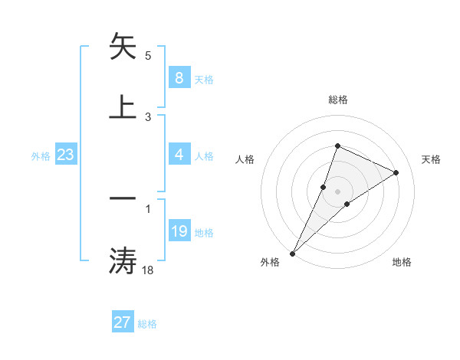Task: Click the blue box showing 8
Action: pyautogui.click(x=179, y=77)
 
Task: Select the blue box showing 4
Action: pyautogui.click(x=179, y=155)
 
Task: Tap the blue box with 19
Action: pyautogui.click(x=179, y=231)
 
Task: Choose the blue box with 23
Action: pyautogui.click(x=66, y=155)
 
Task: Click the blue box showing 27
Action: pyautogui.click(x=123, y=322)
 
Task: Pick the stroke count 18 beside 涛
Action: pyautogui.click(x=149, y=270)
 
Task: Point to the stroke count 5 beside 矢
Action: pyautogui.click(x=148, y=56)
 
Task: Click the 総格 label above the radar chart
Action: pyautogui.click(x=337, y=100)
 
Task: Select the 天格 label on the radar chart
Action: pyautogui.click(x=432, y=159)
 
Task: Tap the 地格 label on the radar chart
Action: pyautogui.click(x=402, y=262)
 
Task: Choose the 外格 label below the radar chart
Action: pyautogui.click(x=270, y=262)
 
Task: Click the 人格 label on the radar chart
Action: pyautogui.click(x=245, y=159)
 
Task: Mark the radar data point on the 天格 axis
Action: pyautogui.click(x=396, y=172)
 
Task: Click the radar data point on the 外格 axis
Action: pyautogui.click(x=292, y=253)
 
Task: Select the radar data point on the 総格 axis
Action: pyautogui.click(x=337, y=146)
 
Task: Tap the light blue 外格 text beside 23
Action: pyautogui.click(x=41, y=155)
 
